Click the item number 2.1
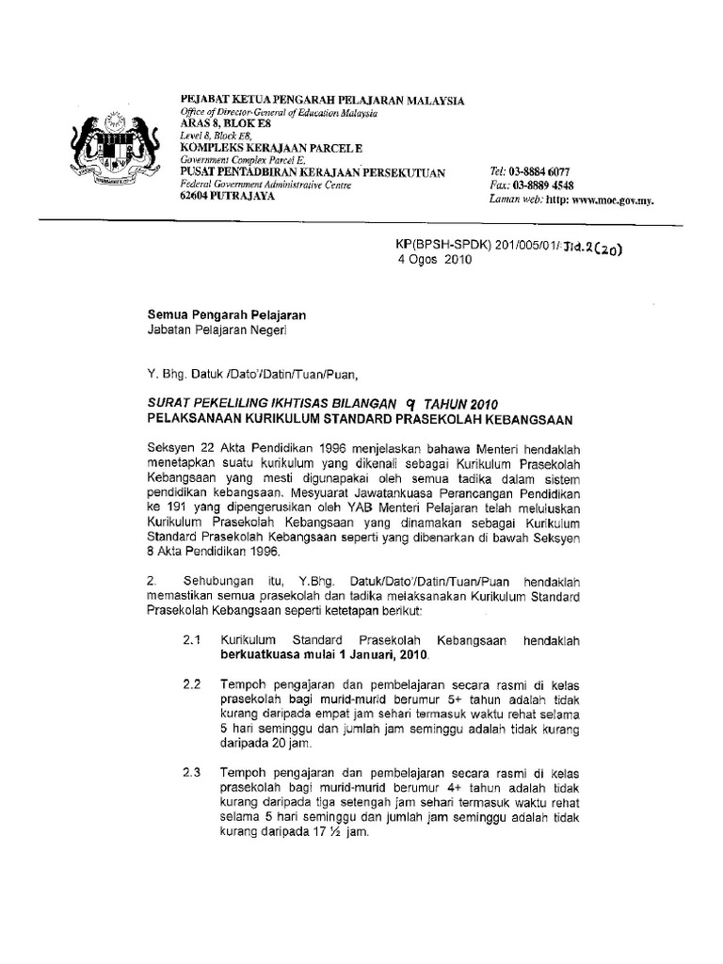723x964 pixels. (193, 639)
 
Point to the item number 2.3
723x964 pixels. (193, 771)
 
